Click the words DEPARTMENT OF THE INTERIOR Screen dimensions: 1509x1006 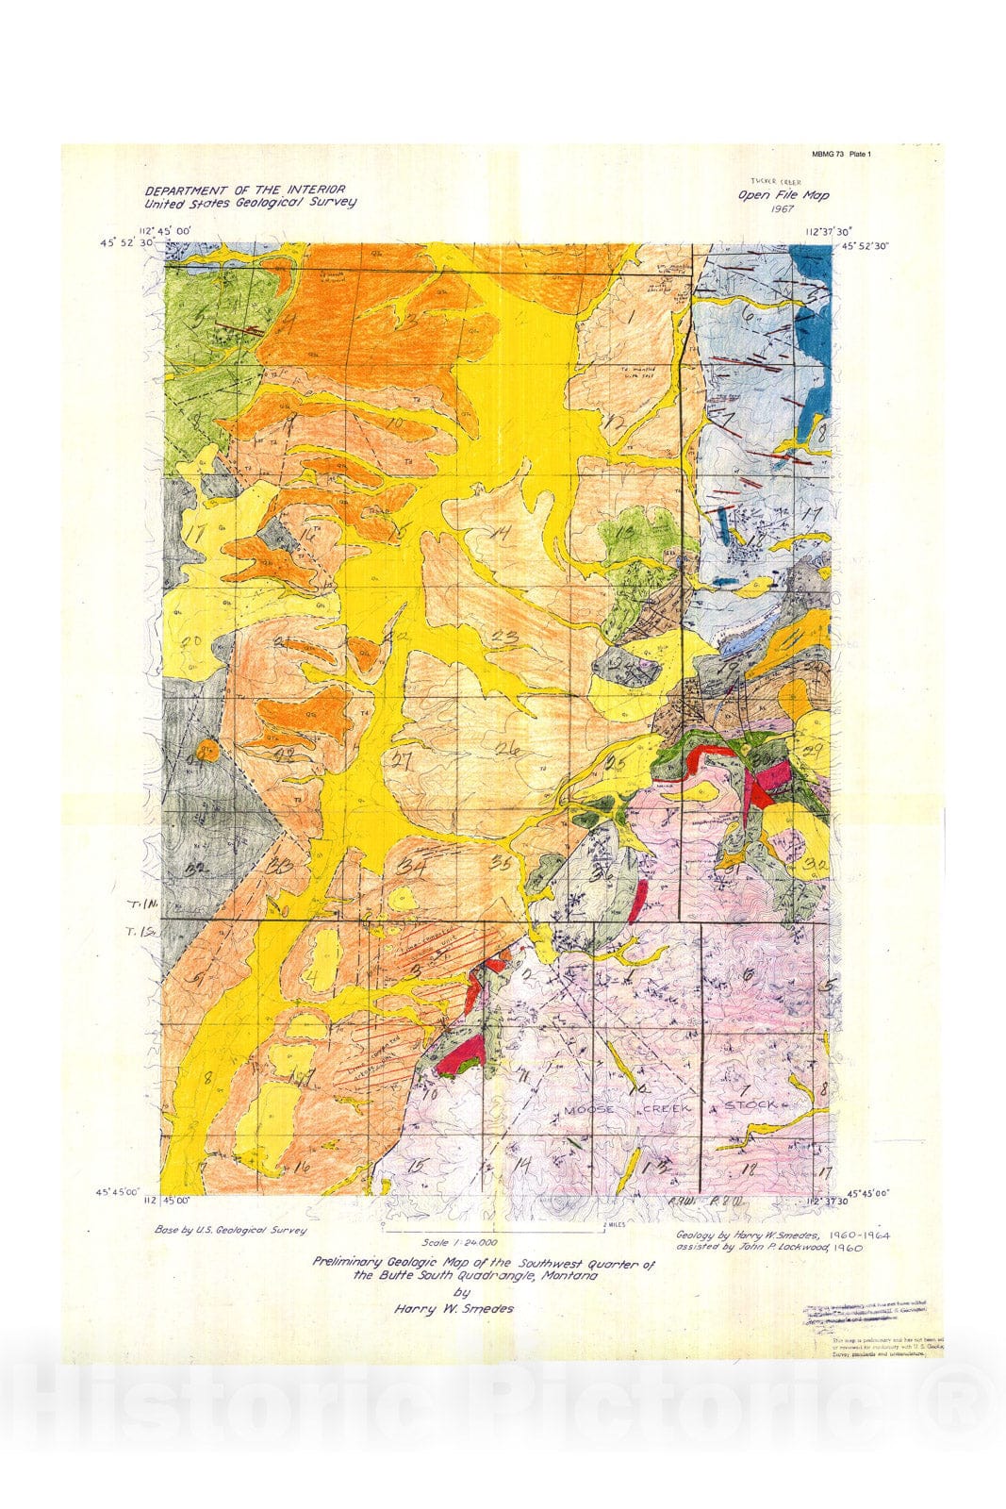[244, 190]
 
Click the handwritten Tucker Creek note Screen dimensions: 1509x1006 [769, 179]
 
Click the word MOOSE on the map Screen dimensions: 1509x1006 [589, 1109]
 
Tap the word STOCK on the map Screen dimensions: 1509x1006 [750, 1103]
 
